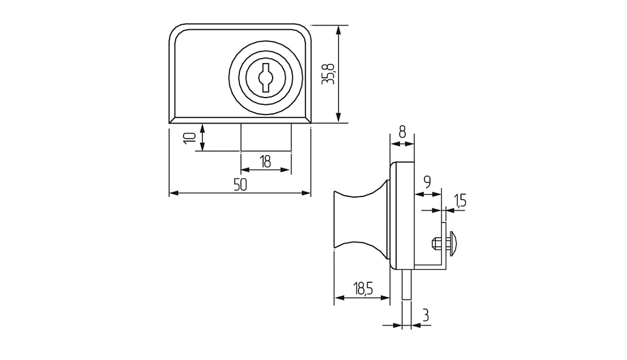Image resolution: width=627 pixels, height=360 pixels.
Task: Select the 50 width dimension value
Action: [241, 185]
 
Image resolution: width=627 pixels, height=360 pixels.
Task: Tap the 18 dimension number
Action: [265, 162]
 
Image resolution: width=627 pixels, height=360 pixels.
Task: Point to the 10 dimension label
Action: [190, 138]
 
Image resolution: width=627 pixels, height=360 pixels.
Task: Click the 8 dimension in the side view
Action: [402, 132]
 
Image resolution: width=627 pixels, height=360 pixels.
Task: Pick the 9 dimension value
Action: [426, 182]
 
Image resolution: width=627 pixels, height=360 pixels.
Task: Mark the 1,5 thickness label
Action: [460, 200]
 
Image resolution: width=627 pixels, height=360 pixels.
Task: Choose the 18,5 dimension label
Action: [362, 288]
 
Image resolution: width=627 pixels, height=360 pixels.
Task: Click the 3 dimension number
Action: [426, 316]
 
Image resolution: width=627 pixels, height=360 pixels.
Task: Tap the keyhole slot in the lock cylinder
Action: [265, 77]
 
